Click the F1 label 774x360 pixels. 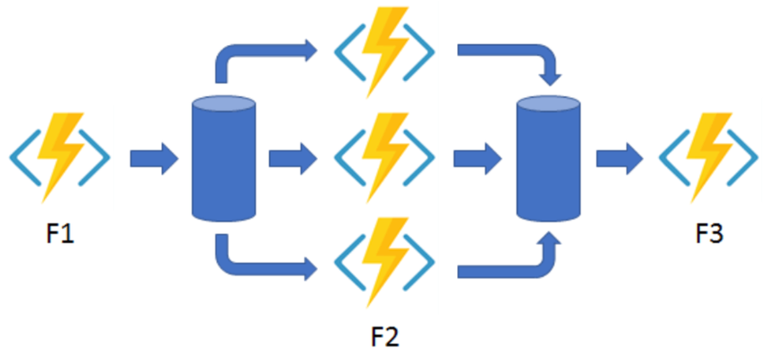[x=60, y=234]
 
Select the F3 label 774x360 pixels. [x=709, y=234]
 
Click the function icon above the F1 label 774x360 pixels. [x=59, y=157]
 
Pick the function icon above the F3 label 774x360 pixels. [x=708, y=157]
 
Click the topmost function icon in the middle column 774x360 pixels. [x=384, y=51]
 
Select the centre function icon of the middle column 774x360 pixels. [x=384, y=157]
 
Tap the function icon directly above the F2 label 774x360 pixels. [x=384, y=262]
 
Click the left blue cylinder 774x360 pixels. [x=223, y=158]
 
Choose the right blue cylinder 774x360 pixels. [x=548, y=158]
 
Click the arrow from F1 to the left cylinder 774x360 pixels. [x=154, y=158]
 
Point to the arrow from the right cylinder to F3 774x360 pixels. [x=620, y=158]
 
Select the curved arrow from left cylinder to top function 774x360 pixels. [x=247, y=51]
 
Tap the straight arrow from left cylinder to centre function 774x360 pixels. [x=293, y=158]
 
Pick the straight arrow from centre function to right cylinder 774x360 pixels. [x=478, y=158]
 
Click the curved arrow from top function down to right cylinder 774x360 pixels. [x=523, y=51]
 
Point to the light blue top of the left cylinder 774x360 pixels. [x=223, y=103]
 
